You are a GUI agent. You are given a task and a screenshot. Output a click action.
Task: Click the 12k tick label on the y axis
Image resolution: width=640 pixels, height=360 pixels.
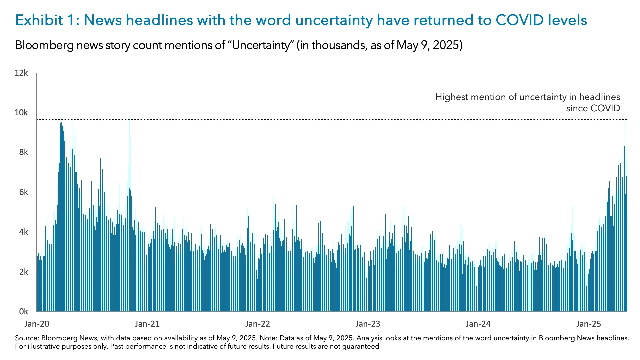tap(21, 73)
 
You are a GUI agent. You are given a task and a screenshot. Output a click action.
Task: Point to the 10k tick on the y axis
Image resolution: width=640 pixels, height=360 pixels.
tap(21, 113)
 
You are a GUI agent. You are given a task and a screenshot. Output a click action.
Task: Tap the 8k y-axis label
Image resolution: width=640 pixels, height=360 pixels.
tap(23, 152)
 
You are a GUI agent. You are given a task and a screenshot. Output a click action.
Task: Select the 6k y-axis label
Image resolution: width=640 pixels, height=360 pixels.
tap(23, 192)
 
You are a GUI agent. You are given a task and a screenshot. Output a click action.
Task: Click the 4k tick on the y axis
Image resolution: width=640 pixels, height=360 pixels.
tap(23, 232)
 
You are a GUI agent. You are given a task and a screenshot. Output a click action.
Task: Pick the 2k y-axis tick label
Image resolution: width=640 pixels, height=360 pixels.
tap(23, 272)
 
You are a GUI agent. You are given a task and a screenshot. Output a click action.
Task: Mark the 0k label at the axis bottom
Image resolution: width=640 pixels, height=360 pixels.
tap(23, 312)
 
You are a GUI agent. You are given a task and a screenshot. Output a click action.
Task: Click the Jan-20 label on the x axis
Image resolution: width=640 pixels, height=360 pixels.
tap(37, 324)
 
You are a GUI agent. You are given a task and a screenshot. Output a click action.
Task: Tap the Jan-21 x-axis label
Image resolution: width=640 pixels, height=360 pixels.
tap(147, 324)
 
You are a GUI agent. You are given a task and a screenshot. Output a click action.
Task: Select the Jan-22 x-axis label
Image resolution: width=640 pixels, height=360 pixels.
tap(257, 324)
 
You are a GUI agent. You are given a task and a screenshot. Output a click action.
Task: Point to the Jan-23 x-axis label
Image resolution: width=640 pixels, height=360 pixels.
tap(368, 324)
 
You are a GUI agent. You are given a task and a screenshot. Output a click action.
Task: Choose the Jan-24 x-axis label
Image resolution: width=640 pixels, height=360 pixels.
tap(478, 324)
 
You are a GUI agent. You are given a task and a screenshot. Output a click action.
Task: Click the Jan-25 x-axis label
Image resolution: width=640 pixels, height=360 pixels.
tap(589, 324)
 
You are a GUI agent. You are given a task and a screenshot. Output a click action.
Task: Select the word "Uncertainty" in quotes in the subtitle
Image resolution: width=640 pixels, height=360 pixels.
tap(260, 45)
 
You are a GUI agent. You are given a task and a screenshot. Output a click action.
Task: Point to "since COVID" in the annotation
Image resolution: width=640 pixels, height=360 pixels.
tap(593, 108)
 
